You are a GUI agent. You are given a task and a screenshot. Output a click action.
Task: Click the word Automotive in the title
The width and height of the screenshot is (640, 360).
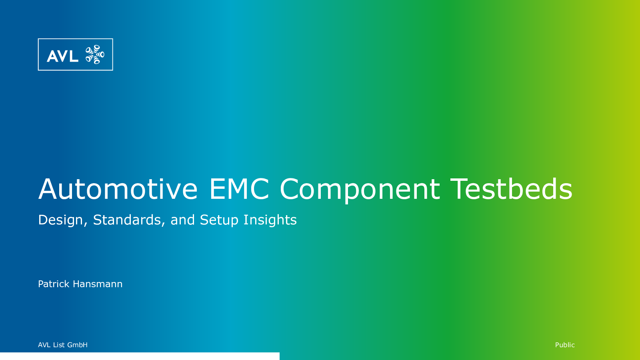pos(118,189)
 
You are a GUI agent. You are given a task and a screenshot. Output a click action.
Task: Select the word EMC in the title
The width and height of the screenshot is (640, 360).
pos(239,189)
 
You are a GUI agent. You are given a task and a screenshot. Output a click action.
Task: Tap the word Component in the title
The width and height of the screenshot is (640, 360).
pos(360,191)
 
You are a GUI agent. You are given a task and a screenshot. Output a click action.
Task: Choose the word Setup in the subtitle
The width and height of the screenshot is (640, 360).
pos(219,220)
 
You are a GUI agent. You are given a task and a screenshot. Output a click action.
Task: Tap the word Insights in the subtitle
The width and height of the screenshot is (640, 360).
pos(270,220)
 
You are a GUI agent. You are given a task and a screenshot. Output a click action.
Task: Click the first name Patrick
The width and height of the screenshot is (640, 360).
pos(54,284)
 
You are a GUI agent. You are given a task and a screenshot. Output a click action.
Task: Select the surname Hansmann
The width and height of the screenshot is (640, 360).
pos(98,284)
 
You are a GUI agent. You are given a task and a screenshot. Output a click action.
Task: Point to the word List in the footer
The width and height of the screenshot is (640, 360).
pos(59,345)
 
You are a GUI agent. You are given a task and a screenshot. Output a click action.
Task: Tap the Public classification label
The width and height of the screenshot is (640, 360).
pos(565,345)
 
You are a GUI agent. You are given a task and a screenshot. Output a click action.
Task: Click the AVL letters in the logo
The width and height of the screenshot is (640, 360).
pos(62,56)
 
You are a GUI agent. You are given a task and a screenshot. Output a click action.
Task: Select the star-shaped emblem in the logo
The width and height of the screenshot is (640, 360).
pos(95,54)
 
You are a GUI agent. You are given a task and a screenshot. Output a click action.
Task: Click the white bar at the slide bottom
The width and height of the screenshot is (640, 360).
pos(140,356)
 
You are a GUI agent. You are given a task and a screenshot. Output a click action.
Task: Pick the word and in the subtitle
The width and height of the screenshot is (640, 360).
pos(182,220)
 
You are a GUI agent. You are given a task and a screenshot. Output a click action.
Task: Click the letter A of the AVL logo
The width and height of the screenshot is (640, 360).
pos(52,56)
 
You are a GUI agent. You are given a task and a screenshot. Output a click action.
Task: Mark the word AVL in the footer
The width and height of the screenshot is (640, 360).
pos(44,345)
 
